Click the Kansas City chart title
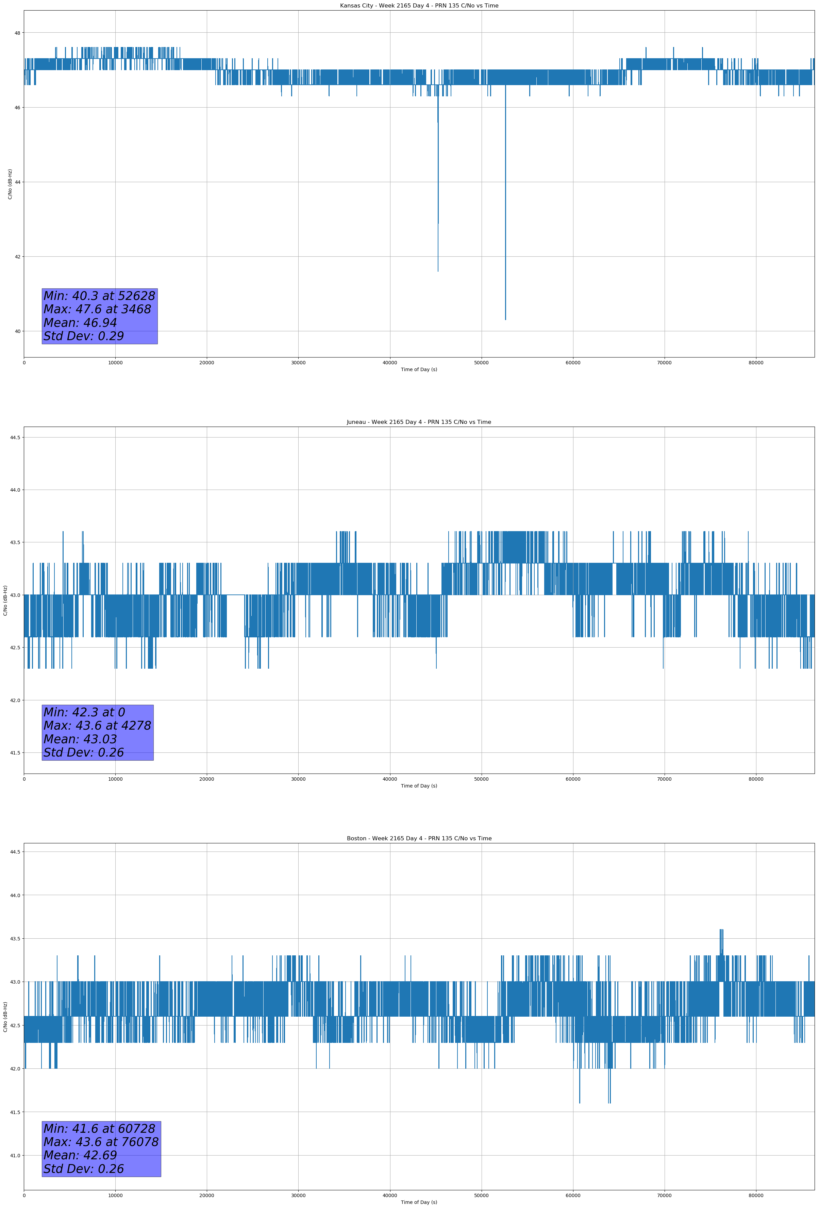click(x=419, y=6)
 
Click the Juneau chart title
click(x=419, y=422)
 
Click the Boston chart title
click(x=419, y=839)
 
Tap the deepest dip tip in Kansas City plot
click(x=505, y=320)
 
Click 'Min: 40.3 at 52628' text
click(x=99, y=296)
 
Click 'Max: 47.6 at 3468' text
click(x=97, y=309)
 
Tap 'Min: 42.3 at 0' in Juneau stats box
click(x=84, y=712)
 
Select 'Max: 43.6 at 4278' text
click(x=97, y=726)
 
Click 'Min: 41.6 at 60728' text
click(x=99, y=1128)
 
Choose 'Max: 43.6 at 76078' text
click(x=101, y=1142)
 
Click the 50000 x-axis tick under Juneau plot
click(x=481, y=779)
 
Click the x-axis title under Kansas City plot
click(x=419, y=369)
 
